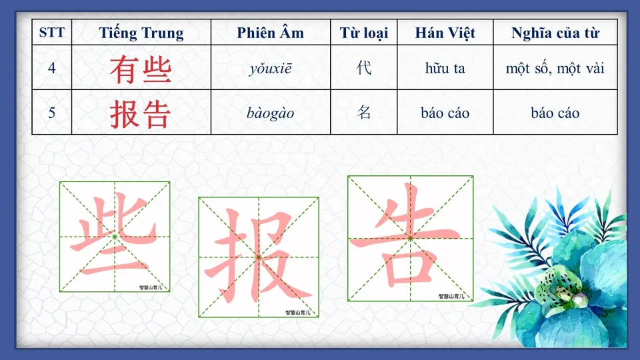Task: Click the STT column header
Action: [x=52, y=33]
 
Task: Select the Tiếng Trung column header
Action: [x=141, y=33]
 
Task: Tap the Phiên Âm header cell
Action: [x=270, y=33]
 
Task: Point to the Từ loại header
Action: [x=363, y=33]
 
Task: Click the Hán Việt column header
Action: [x=445, y=33]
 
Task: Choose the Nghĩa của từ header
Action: [x=555, y=33]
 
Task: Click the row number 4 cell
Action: [x=52, y=68]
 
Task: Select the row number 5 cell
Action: [x=52, y=113]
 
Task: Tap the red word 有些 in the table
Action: [x=141, y=69]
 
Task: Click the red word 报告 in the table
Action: [x=141, y=113]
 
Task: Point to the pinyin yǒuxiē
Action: [x=270, y=68]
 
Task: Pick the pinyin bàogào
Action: [x=270, y=113]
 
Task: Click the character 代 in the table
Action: [x=363, y=68]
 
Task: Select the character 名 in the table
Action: [x=363, y=113]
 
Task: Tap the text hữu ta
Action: [x=445, y=68]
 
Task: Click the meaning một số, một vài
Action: [x=555, y=68]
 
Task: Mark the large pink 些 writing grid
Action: [x=115, y=237]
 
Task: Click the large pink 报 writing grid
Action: [x=258, y=257]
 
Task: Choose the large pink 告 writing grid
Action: [x=410, y=238]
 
